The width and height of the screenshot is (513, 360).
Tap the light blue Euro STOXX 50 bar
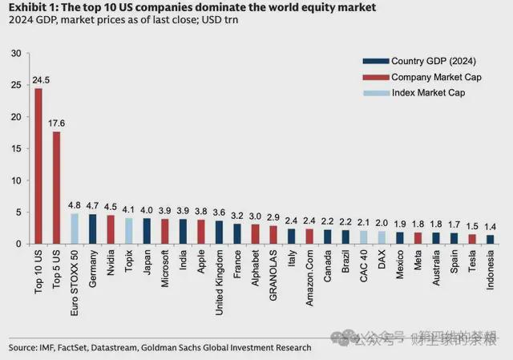pos(75,228)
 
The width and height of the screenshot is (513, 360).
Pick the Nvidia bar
pos(111,229)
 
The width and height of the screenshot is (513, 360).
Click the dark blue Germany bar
pos(93,229)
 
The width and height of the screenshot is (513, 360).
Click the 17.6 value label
pos(56,123)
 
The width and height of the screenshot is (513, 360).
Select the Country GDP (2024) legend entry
pos(422,61)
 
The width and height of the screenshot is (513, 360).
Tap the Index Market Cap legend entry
pos(422,93)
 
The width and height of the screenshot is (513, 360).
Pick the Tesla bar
pos(472,238)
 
